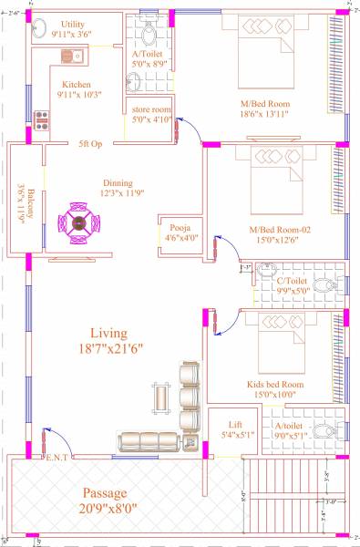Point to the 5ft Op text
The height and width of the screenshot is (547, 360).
pyautogui.click(x=90, y=143)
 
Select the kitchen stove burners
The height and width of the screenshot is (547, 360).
pyautogui.click(x=41, y=119)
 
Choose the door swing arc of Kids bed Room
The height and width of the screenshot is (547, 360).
pyautogui.click(x=226, y=318)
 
